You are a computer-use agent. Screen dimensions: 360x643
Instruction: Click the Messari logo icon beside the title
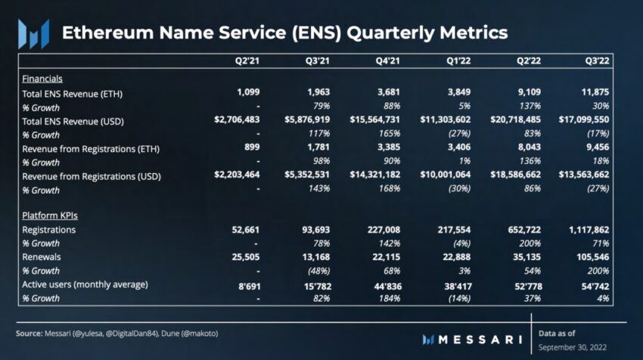pos(33,34)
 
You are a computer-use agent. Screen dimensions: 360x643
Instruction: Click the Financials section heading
pos(42,79)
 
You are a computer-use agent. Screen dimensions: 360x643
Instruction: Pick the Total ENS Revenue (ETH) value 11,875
pos(593,93)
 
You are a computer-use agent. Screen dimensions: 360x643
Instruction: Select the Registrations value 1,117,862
pos(584,230)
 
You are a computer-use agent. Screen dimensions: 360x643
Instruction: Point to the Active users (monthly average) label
pos(85,284)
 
